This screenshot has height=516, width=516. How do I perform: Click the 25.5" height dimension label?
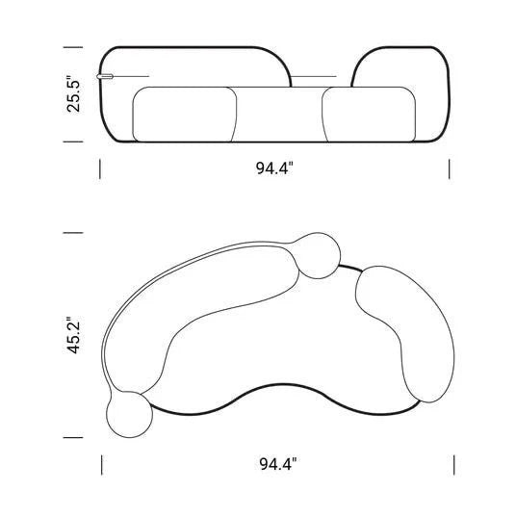(73, 94)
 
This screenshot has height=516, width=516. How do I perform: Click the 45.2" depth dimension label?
(73, 335)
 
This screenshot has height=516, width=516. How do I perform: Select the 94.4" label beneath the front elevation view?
(274, 168)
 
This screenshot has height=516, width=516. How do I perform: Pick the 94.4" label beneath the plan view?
(278, 464)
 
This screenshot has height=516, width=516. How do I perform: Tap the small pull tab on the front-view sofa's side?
(105, 77)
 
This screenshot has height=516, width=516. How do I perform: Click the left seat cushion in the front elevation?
(184, 115)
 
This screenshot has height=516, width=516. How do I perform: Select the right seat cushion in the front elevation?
(369, 115)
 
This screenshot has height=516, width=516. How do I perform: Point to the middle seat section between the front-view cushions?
(279, 115)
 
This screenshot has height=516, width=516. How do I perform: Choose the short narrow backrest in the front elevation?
(400, 66)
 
